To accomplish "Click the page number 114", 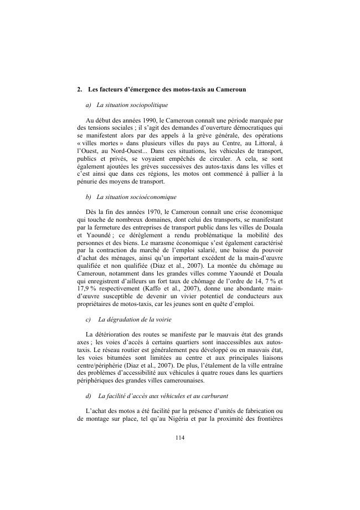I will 179,438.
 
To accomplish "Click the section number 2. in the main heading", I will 80,89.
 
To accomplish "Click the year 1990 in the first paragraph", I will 147,120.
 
